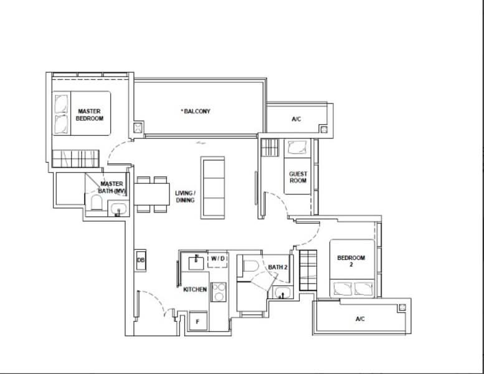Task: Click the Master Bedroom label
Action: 90,115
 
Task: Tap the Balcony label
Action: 196,111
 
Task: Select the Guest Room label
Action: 298,177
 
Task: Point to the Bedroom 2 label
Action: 351,261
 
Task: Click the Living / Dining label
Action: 185,197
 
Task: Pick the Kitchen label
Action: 195,289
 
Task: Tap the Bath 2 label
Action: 278,267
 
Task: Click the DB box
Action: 141,261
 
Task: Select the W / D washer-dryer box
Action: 218,259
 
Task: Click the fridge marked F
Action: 198,321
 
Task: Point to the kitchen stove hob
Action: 219,292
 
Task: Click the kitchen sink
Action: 196,262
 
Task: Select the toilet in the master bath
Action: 97,203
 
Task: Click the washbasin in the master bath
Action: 118,209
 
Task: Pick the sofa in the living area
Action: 212,188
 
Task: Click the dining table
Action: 151,194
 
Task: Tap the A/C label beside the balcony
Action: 297,119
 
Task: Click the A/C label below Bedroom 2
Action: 360,319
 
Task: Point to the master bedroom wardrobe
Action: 75,159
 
